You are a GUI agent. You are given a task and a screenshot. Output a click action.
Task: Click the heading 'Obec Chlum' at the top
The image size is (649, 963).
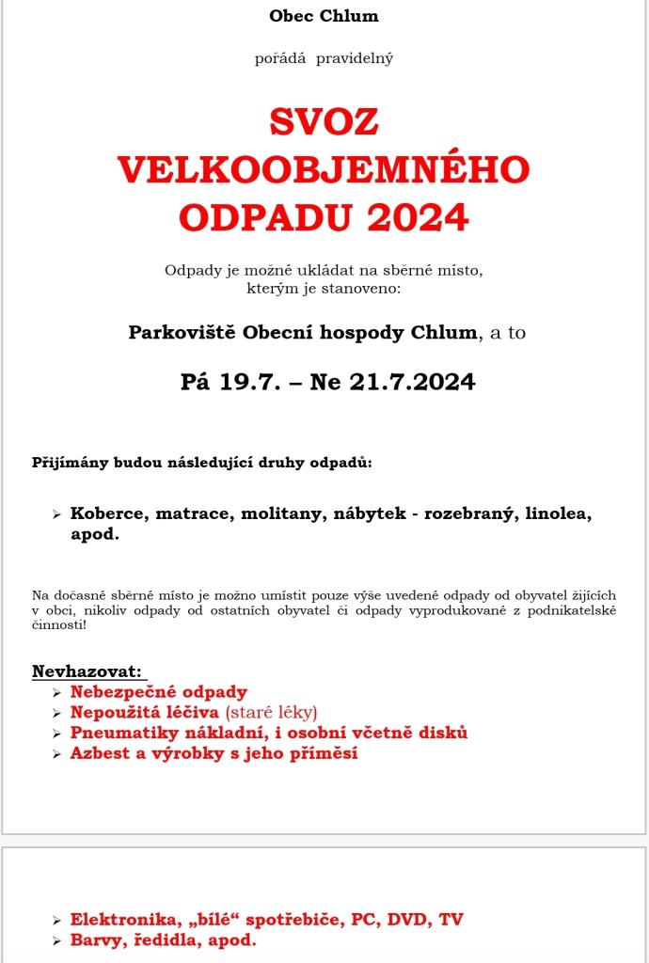coord(324,16)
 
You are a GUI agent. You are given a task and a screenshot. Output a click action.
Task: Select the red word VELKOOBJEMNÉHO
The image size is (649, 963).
coord(324,169)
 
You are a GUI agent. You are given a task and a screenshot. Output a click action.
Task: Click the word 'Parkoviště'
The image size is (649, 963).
coord(182,333)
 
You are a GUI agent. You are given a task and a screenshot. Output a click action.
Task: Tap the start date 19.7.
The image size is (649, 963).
coord(250,382)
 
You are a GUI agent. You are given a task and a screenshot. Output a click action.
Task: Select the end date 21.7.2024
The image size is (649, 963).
coord(412,382)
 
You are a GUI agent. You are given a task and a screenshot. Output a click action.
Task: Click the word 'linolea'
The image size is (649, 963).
coord(558,514)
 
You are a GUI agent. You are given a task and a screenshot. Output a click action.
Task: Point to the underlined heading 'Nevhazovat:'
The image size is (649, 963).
coord(87,671)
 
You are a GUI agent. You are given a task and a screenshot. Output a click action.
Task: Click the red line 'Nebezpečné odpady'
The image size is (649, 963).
coord(158,692)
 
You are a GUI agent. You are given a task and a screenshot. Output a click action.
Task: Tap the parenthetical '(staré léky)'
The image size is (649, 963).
coord(271,712)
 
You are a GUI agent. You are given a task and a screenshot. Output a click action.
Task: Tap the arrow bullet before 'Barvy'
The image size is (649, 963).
coord(57,940)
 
